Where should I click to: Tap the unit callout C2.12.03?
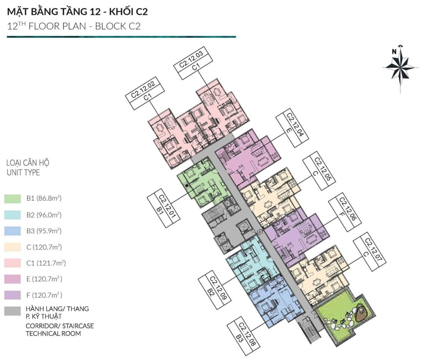[194, 63]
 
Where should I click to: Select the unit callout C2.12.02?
[145, 93]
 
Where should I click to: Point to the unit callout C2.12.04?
[293, 128]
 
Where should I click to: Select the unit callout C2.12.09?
[215, 290]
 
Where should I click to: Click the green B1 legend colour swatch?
[13, 199]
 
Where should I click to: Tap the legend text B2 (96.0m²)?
[44, 214]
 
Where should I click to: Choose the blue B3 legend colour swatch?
[13, 231]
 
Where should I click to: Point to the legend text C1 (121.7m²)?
[46, 263]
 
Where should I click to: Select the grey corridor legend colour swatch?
[13, 311]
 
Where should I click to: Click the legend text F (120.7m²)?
[44, 295]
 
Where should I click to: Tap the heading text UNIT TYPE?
[23, 172]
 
